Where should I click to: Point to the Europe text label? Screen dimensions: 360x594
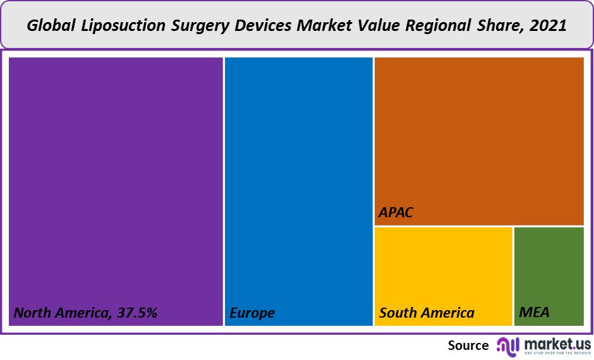point(252,313)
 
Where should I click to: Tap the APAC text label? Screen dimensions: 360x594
point(396,213)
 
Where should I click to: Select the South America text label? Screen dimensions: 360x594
point(427,313)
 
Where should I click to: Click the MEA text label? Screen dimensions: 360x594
point(534,312)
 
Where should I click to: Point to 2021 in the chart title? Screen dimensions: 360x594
point(548,27)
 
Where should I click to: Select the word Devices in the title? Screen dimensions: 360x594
point(261,27)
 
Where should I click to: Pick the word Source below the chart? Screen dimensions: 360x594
point(468,345)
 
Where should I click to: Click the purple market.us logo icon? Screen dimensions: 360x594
point(507,345)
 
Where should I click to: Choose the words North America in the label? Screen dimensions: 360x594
point(60,313)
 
